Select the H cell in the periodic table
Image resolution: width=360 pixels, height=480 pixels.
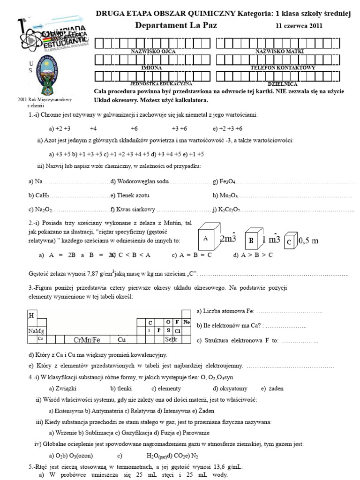(31, 315)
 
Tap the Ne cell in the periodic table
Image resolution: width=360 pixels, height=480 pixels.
(186, 322)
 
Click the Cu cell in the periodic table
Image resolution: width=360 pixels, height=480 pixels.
(122, 339)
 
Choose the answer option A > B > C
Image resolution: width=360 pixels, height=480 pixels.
(253, 255)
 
